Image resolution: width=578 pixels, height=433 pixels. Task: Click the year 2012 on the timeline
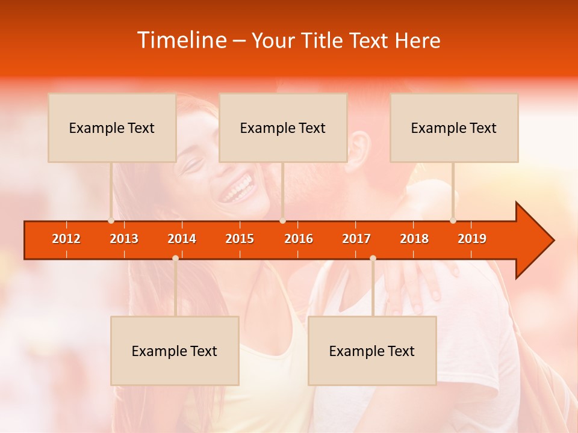point(66,239)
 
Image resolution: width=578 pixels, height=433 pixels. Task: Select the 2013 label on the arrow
point(124,239)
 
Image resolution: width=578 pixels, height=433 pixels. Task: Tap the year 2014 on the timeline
point(182,239)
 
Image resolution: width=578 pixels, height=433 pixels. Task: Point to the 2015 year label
point(240,239)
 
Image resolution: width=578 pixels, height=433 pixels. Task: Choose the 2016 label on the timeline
point(299,239)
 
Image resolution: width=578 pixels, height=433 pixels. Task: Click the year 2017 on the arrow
point(356,239)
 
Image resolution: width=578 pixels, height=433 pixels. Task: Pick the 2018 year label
point(414,239)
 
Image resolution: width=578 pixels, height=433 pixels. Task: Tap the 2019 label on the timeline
point(472,239)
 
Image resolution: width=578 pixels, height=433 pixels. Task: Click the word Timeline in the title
point(181,40)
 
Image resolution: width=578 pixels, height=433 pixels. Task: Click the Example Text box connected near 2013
point(112,127)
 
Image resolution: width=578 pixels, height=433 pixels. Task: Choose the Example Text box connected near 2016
point(283,127)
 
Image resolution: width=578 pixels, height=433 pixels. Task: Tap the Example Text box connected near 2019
point(454,127)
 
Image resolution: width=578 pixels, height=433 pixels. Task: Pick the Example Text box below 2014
point(175,351)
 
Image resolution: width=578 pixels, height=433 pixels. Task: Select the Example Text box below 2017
point(372,351)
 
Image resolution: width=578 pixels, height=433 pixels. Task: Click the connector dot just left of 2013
point(111,221)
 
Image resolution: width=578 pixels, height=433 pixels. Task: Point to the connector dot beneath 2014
point(175,258)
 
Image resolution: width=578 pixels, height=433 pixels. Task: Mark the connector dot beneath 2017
point(373,258)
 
